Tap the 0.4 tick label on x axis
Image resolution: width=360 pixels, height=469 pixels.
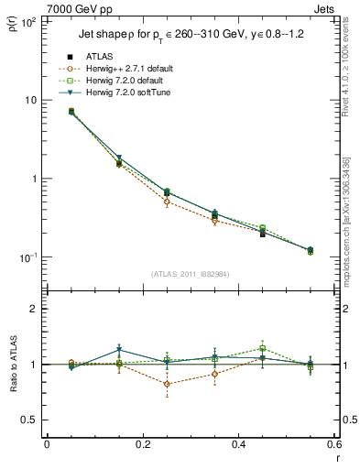pyautogui.click(x=238, y=446)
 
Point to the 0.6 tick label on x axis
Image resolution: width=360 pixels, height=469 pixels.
pyautogui.click(x=333, y=446)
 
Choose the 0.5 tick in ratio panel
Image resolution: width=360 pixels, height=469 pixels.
pyautogui.click(x=29, y=420)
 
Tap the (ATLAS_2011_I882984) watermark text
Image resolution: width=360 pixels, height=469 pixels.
pyautogui.click(x=191, y=274)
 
